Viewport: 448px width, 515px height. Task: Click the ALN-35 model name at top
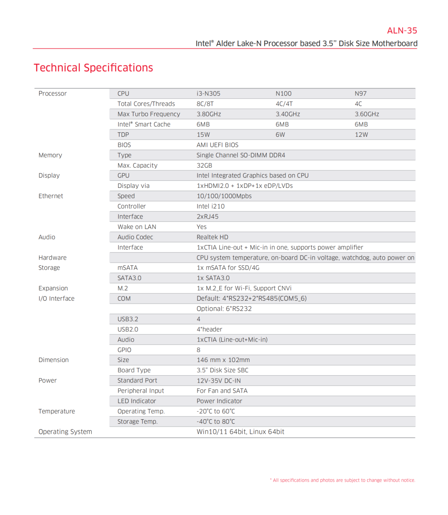click(x=402, y=31)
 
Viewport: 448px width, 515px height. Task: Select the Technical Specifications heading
click(x=93, y=68)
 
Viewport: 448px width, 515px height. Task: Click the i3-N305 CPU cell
click(x=208, y=94)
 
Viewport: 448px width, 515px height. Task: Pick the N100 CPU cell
click(x=283, y=94)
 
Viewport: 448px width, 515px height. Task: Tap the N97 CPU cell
click(x=360, y=94)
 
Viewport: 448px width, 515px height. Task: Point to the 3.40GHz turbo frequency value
click(x=287, y=114)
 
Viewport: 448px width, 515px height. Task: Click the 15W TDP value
click(x=203, y=135)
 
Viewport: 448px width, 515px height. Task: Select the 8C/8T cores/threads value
click(x=205, y=104)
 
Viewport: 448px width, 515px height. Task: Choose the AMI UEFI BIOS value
click(x=217, y=145)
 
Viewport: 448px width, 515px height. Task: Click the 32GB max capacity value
click(x=204, y=165)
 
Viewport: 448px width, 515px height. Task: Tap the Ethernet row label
click(x=51, y=196)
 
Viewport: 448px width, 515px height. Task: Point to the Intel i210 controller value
click(x=210, y=206)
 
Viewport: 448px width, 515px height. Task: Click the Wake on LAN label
click(x=136, y=227)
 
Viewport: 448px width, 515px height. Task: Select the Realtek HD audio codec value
click(x=212, y=237)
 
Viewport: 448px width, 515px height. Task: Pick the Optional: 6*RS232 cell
click(x=224, y=309)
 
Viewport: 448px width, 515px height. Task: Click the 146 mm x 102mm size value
click(x=223, y=360)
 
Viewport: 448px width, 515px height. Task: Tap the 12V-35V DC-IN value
click(x=219, y=381)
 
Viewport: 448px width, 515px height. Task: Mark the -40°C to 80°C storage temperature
click(x=216, y=422)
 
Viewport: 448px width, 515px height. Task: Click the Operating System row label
click(x=65, y=432)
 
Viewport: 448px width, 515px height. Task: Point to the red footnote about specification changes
click(x=343, y=480)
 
